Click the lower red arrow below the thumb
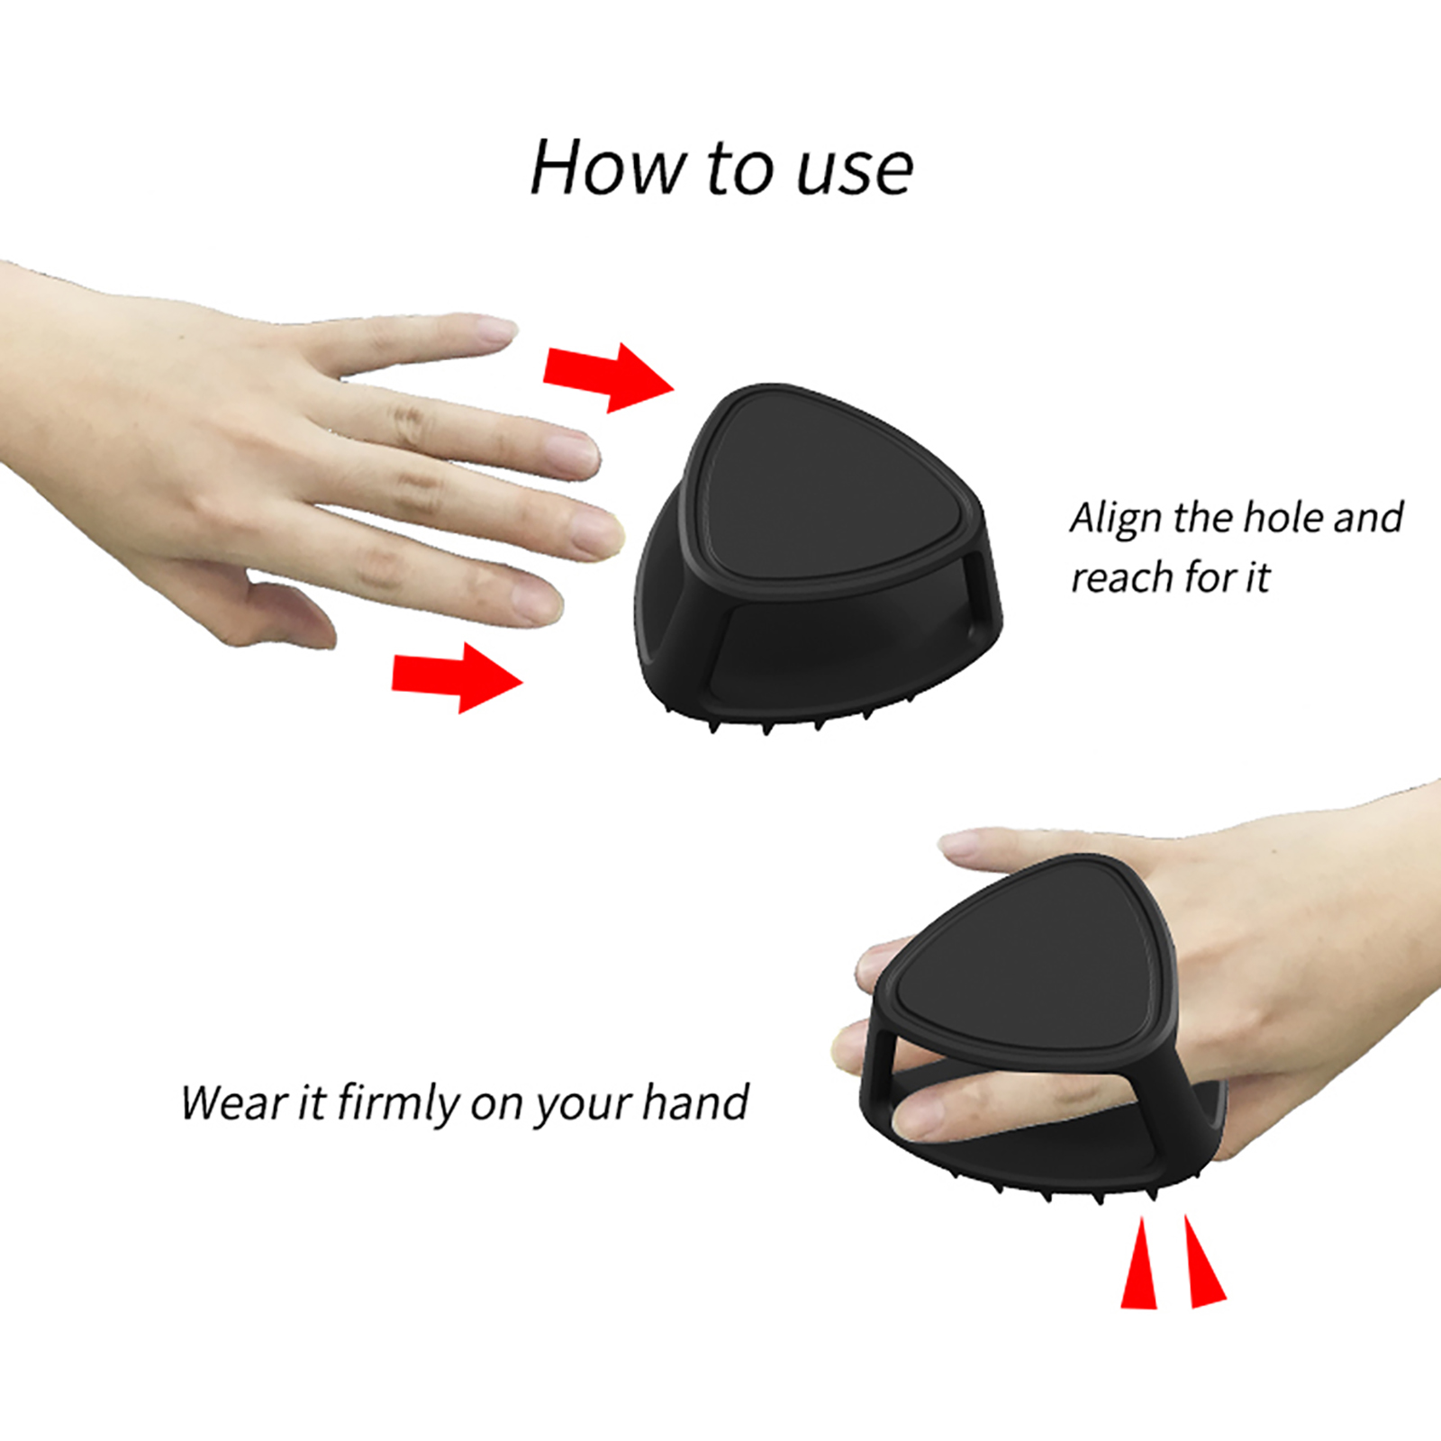[x=458, y=677]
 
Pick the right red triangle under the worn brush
[x=1203, y=1261]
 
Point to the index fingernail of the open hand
[x=492, y=328]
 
